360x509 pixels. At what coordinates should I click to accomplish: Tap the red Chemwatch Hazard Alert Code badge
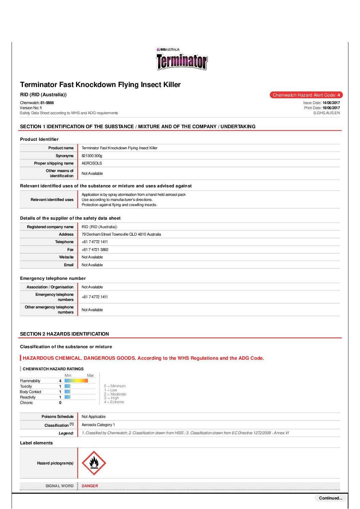(306, 95)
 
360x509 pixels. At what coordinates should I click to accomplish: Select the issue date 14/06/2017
(331, 103)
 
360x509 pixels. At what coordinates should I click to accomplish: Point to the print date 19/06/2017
(331, 108)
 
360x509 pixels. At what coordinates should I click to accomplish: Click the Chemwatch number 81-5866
(47, 103)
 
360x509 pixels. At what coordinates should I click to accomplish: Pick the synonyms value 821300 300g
(92, 156)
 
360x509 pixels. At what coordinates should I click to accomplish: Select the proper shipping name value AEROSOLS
(92, 163)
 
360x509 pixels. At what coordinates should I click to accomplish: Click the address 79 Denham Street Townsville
(121, 234)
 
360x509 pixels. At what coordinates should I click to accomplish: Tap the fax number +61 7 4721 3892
(95, 250)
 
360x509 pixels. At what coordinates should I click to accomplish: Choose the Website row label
(66, 257)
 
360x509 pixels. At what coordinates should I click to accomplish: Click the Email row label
(69, 265)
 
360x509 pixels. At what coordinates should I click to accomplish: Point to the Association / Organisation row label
(50, 287)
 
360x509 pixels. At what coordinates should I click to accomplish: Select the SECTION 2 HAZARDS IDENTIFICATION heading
(65, 334)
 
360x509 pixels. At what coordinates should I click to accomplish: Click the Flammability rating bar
(76, 381)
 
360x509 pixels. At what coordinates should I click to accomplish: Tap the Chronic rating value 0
(60, 403)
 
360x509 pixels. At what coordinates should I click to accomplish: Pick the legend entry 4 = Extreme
(114, 402)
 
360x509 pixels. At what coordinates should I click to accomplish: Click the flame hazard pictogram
(94, 463)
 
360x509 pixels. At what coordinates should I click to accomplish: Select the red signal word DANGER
(90, 486)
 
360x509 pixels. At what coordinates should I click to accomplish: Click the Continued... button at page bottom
(330, 498)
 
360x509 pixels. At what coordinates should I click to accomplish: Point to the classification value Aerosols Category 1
(98, 425)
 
